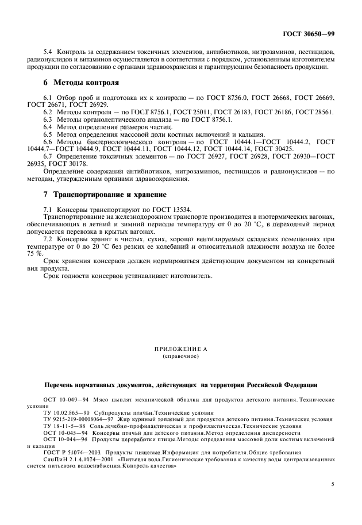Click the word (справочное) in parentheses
[x=180, y=356]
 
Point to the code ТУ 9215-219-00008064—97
[x=81, y=419]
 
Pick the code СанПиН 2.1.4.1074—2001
[x=78, y=460]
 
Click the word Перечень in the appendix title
[x=61, y=384]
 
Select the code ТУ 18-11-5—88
[x=63, y=426]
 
